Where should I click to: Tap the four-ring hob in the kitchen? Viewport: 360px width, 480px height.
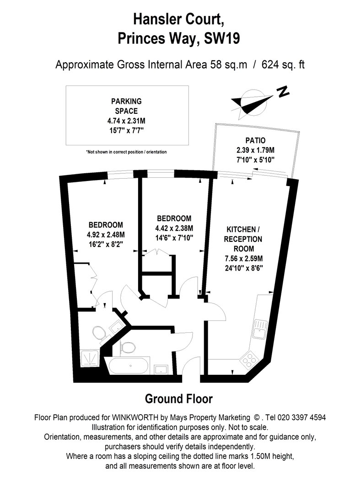(x=249, y=360)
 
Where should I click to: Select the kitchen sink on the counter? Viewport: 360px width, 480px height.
(x=260, y=329)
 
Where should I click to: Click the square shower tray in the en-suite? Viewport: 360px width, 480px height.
(x=90, y=358)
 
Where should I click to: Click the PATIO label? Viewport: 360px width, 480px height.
(x=256, y=140)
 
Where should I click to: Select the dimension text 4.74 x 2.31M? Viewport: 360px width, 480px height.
(x=126, y=121)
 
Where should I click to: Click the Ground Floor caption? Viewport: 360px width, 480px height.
(x=178, y=399)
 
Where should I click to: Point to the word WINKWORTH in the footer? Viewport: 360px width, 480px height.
(x=135, y=417)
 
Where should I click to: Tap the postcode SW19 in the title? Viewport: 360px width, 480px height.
(x=222, y=38)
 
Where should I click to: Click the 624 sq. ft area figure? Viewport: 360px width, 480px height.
(x=283, y=65)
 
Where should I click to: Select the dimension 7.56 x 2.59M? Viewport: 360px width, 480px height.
(x=244, y=259)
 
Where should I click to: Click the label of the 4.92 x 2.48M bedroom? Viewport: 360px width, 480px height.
(x=106, y=225)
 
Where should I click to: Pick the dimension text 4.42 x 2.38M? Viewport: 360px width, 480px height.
(x=174, y=228)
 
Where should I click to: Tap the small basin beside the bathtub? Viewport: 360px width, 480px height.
(x=161, y=369)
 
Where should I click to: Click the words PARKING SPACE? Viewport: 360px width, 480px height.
(x=126, y=106)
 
